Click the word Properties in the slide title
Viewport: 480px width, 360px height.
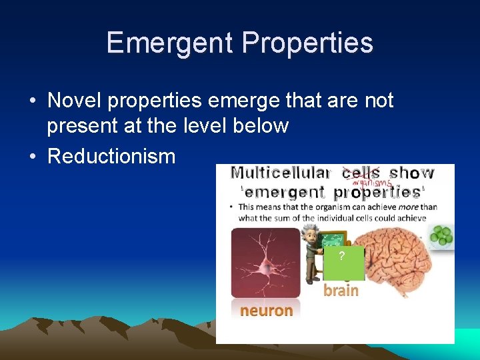point(307,43)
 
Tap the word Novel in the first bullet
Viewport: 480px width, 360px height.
point(74,101)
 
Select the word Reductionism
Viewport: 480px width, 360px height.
point(111,157)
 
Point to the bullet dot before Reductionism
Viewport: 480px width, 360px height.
point(33,157)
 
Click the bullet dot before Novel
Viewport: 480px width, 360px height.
point(33,101)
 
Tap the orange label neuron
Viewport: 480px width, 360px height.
point(266,310)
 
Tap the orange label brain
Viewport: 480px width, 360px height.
point(341,290)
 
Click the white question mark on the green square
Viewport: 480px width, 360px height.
point(341,257)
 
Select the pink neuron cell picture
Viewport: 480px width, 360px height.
point(265,263)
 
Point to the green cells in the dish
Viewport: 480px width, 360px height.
point(441,235)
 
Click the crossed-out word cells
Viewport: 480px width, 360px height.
point(361,173)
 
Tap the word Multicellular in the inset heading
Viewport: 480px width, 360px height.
point(281,173)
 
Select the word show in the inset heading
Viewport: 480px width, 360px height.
point(411,173)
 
